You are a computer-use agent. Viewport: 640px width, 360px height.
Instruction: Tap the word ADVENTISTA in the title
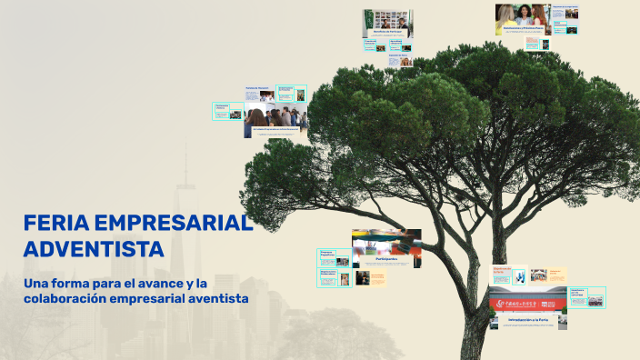(94, 249)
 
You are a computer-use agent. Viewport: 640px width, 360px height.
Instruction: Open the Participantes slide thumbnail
(386, 248)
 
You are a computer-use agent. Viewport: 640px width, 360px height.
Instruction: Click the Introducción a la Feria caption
(528, 320)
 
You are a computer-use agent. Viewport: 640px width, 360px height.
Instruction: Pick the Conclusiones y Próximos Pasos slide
(522, 21)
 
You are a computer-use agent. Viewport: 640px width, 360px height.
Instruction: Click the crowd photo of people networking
(275, 119)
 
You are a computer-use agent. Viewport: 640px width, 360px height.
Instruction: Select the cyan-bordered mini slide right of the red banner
(586, 297)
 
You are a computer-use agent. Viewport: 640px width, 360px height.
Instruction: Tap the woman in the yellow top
(506, 15)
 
